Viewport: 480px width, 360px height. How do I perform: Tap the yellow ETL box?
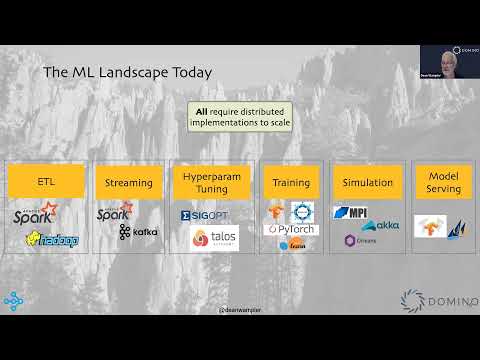tap(46, 182)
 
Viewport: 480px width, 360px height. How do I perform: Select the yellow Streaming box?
tap(129, 182)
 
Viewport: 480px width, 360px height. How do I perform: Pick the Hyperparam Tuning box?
tap(213, 182)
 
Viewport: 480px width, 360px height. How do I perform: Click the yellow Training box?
tap(291, 182)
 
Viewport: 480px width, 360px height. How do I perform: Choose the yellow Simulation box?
tap(366, 182)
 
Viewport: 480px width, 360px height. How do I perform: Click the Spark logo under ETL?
tap(36, 215)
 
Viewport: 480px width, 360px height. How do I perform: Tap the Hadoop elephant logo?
tap(53, 239)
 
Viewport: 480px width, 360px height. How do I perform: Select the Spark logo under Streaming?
tap(115, 213)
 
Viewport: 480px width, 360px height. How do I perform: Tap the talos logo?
tap(214, 237)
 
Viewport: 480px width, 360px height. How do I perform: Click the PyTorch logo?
tap(291, 229)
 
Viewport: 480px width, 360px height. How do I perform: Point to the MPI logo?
tap(352, 212)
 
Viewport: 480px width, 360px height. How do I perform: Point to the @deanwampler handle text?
tap(240, 311)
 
